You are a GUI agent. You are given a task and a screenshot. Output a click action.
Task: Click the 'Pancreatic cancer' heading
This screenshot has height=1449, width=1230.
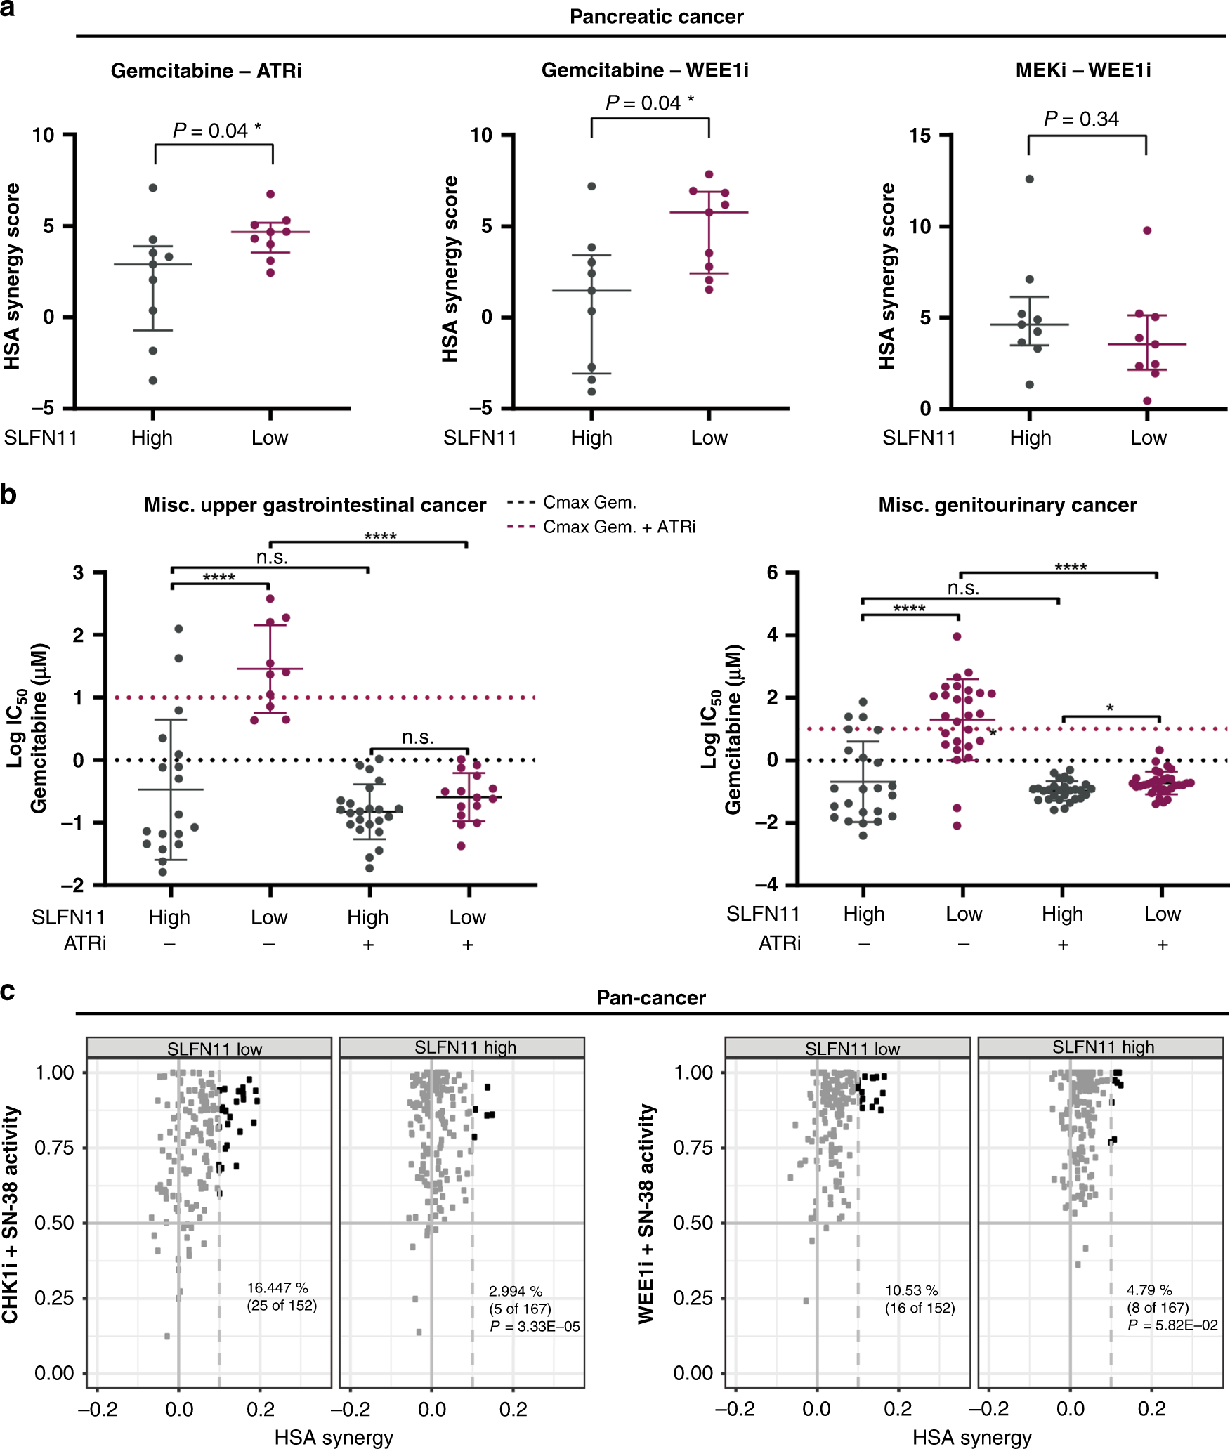pyautogui.click(x=656, y=17)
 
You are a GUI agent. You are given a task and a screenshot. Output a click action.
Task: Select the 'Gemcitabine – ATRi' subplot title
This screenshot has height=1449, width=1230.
pyautogui.click(x=206, y=71)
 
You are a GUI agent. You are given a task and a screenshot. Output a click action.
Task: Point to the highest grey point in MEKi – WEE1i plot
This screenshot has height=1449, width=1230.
pyautogui.click(x=1029, y=179)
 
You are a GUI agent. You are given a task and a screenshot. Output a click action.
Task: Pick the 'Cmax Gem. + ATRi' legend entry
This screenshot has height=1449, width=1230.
pyautogui.click(x=619, y=527)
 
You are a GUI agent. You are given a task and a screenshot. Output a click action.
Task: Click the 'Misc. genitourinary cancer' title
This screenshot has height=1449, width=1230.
pyautogui.click(x=1007, y=505)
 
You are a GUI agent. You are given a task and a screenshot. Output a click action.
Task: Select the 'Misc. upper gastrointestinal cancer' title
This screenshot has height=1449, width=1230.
pyautogui.click(x=315, y=505)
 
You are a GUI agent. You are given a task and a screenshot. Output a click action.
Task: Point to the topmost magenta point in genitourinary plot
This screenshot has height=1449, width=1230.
pyautogui.click(x=957, y=636)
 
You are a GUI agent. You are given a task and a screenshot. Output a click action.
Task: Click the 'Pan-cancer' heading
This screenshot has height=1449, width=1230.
pyautogui.click(x=650, y=998)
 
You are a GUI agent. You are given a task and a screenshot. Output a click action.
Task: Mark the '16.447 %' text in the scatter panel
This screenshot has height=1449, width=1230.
pyautogui.click(x=277, y=1287)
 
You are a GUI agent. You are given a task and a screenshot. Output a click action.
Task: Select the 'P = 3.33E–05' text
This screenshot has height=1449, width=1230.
pyautogui.click(x=535, y=1326)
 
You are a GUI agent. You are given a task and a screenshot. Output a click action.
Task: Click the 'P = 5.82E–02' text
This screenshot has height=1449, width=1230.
pyautogui.click(x=1172, y=1325)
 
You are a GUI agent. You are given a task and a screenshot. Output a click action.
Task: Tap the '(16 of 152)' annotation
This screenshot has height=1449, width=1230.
pyautogui.click(x=920, y=1308)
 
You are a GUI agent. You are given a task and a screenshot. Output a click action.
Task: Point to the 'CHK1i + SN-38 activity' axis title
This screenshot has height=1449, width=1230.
pyautogui.click(x=11, y=1214)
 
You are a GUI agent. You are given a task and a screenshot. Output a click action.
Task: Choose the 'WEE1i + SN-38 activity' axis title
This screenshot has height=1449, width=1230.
pyautogui.click(x=646, y=1214)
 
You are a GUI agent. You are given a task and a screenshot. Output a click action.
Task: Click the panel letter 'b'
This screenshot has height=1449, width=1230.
pyautogui.click(x=8, y=494)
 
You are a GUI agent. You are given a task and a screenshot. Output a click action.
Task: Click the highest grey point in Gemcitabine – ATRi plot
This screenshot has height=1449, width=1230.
pyautogui.click(x=152, y=188)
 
